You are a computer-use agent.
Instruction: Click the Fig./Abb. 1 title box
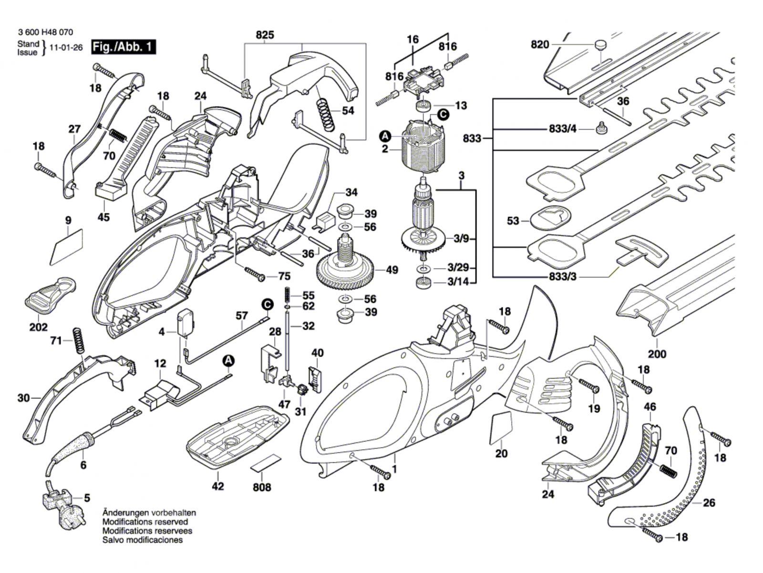point(124,47)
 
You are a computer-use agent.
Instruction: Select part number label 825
point(265,35)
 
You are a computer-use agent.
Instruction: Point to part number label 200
point(656,354)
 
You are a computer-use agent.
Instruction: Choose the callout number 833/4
point(563,129)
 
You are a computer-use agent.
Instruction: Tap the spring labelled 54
point(326,115)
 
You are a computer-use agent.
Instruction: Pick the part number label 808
point(262,487)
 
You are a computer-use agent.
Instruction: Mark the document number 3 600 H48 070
point(45,32)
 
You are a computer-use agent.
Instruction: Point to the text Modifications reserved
point(145,522)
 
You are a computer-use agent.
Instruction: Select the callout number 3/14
point(458,282)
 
